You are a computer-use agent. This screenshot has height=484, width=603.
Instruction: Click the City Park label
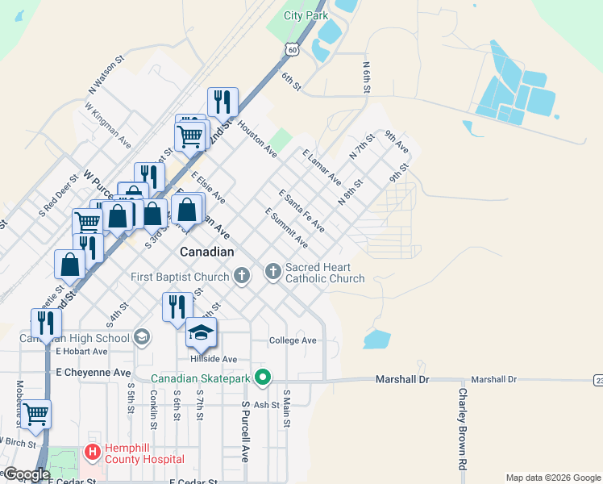[306, 15]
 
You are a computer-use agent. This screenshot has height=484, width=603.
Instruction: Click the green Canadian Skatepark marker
[262, 377]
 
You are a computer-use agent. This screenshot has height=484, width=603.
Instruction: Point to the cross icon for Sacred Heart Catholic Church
[273, 270]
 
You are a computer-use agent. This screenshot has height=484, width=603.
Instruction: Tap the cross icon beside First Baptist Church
[241, 277]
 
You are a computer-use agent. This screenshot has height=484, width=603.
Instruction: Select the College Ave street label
[293, 340]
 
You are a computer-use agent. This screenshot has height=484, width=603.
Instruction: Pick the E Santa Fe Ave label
[301, 211]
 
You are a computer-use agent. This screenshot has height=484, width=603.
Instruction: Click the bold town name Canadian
[206, 252]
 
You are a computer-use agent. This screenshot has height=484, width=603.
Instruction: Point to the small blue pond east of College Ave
[376, 340]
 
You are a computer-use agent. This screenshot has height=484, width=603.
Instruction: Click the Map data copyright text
[551, 478]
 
